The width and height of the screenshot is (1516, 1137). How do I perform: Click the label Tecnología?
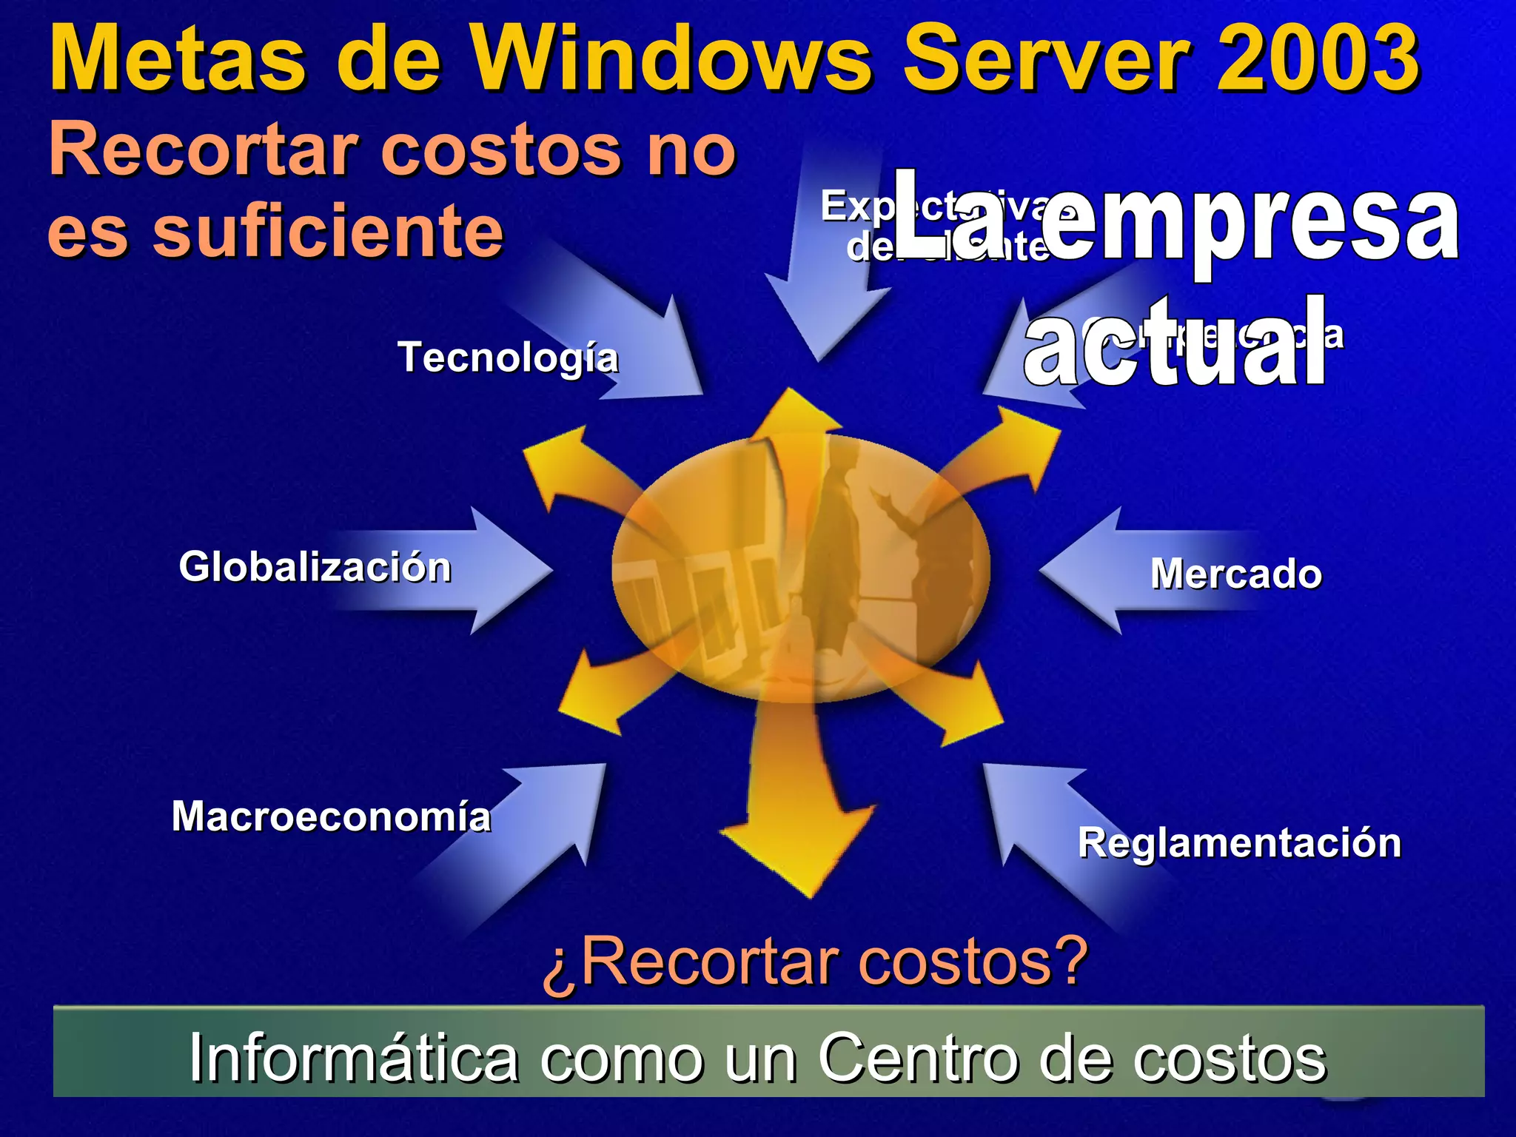point(508,358)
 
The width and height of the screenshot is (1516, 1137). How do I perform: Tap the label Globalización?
point(315,568)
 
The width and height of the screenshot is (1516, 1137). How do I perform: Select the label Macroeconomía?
point(331,817)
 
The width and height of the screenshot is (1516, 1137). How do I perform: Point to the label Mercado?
point(1236,574)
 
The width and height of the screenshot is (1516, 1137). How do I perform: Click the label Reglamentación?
point(1239,843)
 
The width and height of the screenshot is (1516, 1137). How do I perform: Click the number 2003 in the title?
point(1318,58)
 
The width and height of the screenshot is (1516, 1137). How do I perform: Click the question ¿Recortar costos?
point(814,961)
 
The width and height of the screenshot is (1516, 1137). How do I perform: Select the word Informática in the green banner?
point(354,1059)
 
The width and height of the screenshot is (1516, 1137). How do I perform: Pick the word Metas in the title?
point(178,58)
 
